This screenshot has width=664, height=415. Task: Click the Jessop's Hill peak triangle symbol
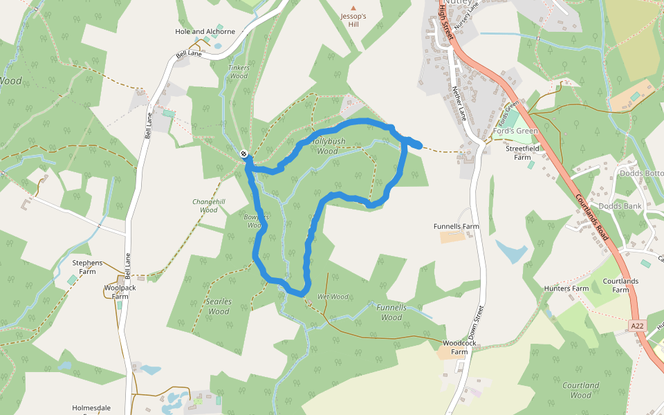coord(353,8)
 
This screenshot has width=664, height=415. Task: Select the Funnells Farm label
coord(456,226)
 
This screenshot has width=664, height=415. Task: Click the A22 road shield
coord(637,325)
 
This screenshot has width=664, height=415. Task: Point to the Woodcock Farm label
coord(455,347)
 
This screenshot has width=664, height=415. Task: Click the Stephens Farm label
coord(87,267)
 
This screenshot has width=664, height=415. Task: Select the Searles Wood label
coord(219,306)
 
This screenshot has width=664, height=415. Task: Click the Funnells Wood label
coord(391,313)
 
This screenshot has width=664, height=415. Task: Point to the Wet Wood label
coord(333,297)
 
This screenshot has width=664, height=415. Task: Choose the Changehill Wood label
coord(208,205)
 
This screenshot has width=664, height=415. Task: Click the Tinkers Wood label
coord(238,72)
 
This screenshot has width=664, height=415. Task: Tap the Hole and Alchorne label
coord(205,31)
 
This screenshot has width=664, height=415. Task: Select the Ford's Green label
coord(515,131)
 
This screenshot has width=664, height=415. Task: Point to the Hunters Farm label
coord(566,288)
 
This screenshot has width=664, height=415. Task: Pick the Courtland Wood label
coord(581,390)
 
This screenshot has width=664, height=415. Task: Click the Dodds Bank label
coord(620,206)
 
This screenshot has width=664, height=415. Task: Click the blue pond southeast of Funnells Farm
coord(511,252)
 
